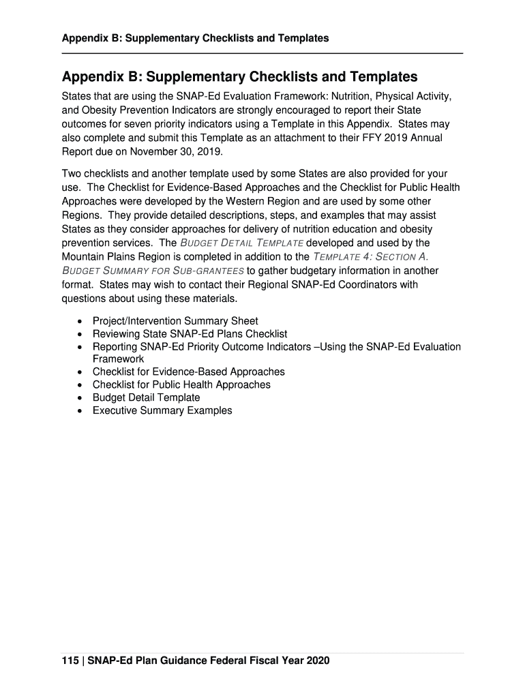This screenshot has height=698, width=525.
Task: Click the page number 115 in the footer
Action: (x=70, y=661)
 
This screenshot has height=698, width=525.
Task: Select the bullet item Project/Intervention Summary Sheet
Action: (x=175, y=321)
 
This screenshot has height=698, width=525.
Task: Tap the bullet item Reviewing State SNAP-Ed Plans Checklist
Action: (x=190, y=334)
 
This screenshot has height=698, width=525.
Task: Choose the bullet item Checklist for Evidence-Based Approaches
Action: (x=188, y=372)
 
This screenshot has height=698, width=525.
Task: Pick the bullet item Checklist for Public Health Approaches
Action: (x=181, y=384)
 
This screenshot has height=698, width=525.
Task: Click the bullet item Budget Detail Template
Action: (x=146, y=397)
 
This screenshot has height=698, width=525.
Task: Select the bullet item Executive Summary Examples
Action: (x=162, y=410)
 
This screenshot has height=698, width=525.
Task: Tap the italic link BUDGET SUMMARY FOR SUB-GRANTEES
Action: (x=153, y=271)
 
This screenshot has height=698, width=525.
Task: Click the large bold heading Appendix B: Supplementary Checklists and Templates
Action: (x=239, y=76)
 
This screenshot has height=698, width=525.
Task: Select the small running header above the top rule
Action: (x=195, y=38)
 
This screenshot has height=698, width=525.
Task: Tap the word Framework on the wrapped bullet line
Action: (x=118, y=359)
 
